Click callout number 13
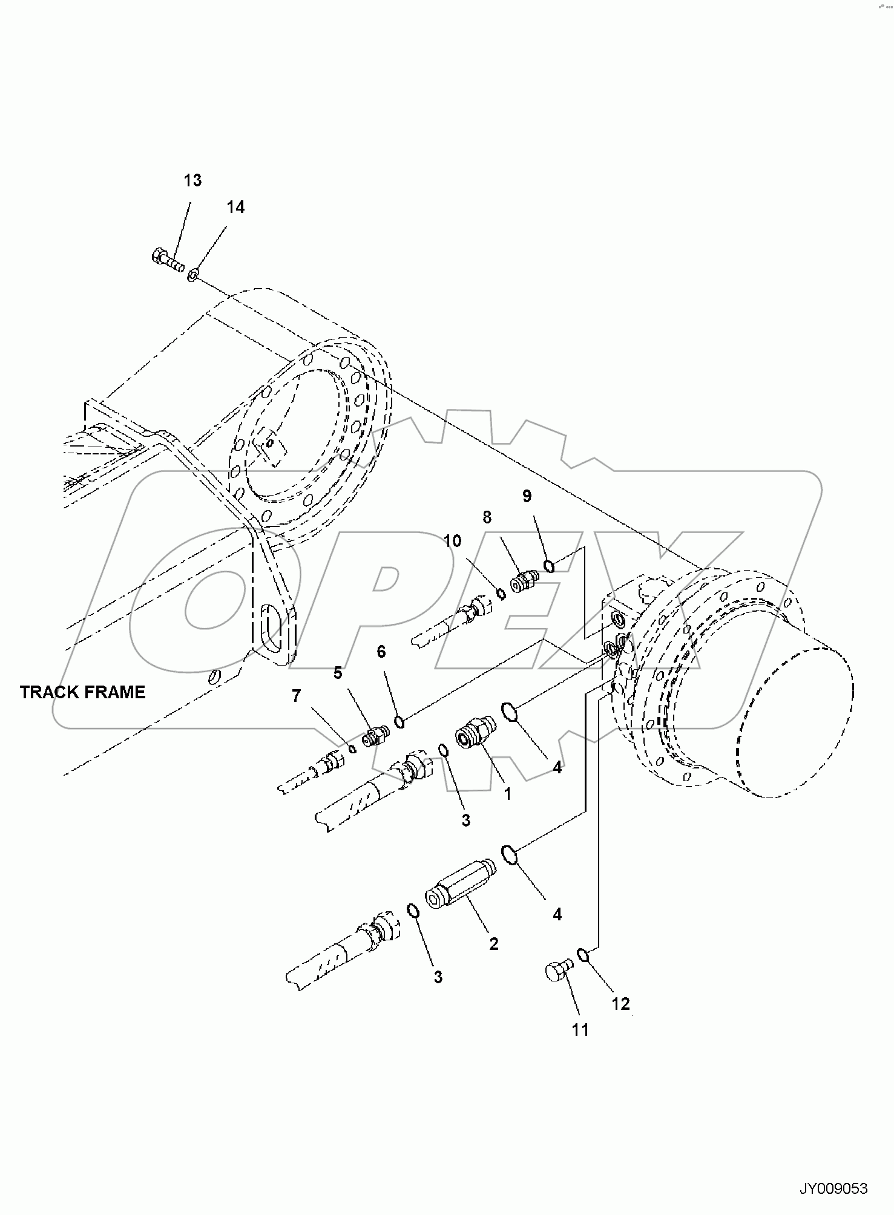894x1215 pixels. click(x=192, y=180)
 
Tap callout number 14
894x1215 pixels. click(x=235, y=207)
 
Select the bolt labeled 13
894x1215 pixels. click(x=167, y=261)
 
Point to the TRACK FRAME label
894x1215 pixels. click(x=83, y=692)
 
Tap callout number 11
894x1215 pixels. click(x=580, y=1029)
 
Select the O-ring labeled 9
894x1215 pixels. click(x=549, y=566)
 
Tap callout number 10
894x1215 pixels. click(x=452, y=540)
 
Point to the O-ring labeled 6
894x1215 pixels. click(x=399, y=721)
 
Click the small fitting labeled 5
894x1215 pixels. click(x=375, y=736)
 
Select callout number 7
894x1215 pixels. click(x=296, y=696)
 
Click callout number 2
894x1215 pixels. click(x=493, y=943)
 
